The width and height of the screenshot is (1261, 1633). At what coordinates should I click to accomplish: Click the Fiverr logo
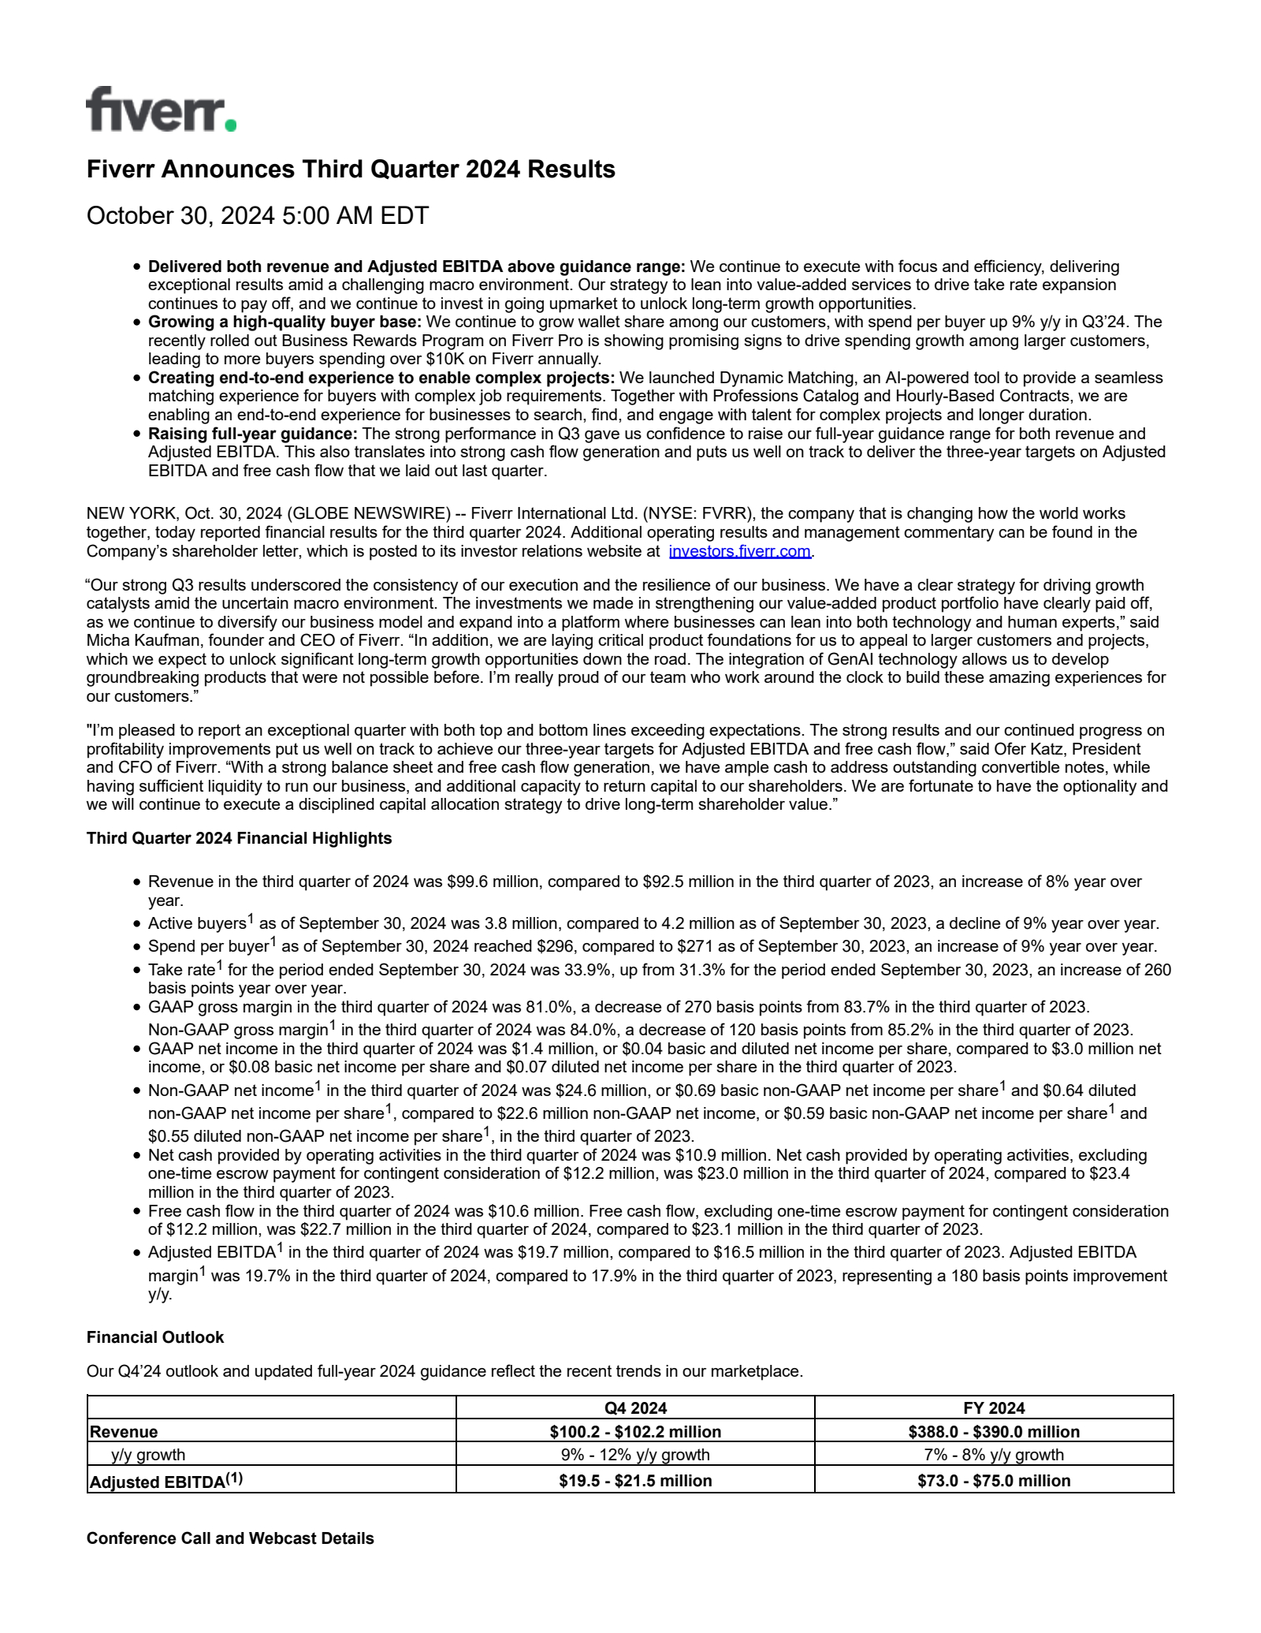(161, 110)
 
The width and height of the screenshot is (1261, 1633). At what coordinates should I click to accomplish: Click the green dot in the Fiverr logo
(229, 124)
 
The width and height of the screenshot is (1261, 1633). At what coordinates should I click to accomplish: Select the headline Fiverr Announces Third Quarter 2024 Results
(351, 170)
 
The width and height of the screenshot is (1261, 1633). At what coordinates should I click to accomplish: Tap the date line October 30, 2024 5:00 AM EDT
(257, 216)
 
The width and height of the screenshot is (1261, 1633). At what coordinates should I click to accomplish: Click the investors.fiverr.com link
(739, 552)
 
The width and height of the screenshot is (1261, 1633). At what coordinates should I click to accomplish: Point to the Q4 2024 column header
(635, 1408)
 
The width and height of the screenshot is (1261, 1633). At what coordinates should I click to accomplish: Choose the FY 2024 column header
(994, 1408)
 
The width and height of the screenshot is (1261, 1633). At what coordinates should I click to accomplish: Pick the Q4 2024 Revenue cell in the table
(635, 1432)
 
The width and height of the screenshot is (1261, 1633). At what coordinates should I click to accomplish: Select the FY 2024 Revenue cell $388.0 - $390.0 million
(994, 1432)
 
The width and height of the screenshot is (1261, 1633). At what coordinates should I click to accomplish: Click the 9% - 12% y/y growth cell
(635, 1455)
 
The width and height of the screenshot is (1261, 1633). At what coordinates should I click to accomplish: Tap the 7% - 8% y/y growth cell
(994, 1455)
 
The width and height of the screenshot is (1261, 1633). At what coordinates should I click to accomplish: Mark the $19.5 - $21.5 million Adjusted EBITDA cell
(635, 1481)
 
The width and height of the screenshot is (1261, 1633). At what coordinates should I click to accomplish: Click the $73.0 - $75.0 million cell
(994, 1481)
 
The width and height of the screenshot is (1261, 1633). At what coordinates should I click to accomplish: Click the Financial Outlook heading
(155, 1337)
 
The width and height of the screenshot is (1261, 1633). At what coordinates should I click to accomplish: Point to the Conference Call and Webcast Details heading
(230, 1538)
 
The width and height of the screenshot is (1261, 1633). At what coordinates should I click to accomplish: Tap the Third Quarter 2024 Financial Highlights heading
(239, 838)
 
